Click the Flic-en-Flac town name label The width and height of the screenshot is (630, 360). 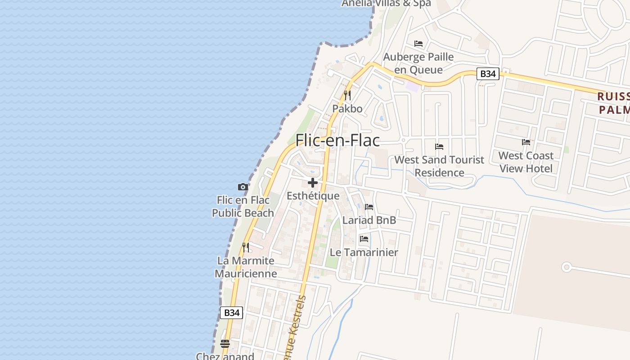point(337,140)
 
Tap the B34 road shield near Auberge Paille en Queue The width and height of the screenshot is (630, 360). point(488,74)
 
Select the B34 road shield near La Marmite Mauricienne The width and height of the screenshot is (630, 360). point(231,313)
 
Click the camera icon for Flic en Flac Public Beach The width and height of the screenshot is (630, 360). point(243,187)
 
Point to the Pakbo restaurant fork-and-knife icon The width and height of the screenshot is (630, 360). point(347,95)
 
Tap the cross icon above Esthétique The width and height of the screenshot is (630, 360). point(313,183)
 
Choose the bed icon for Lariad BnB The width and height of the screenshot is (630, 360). point(369,207)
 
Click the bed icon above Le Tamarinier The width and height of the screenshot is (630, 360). point(364,239)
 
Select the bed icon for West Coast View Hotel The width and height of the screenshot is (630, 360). point(526,142)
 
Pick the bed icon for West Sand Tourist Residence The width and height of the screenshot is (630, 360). point(439,147)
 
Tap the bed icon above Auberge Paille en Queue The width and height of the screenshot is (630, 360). point(418,44)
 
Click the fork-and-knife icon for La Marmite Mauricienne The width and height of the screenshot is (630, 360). point(246,247)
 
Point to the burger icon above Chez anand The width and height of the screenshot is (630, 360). point(225,344)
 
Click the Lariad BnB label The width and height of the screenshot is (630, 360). point(369,220)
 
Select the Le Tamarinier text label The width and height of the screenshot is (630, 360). point(364,252)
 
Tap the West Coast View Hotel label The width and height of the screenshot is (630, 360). point(526,162)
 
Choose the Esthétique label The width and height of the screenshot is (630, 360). point(313,196)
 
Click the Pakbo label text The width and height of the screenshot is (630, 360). point(347,108)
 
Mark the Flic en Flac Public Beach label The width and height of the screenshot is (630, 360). point(243,207)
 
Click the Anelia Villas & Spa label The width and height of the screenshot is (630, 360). point(386,4)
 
